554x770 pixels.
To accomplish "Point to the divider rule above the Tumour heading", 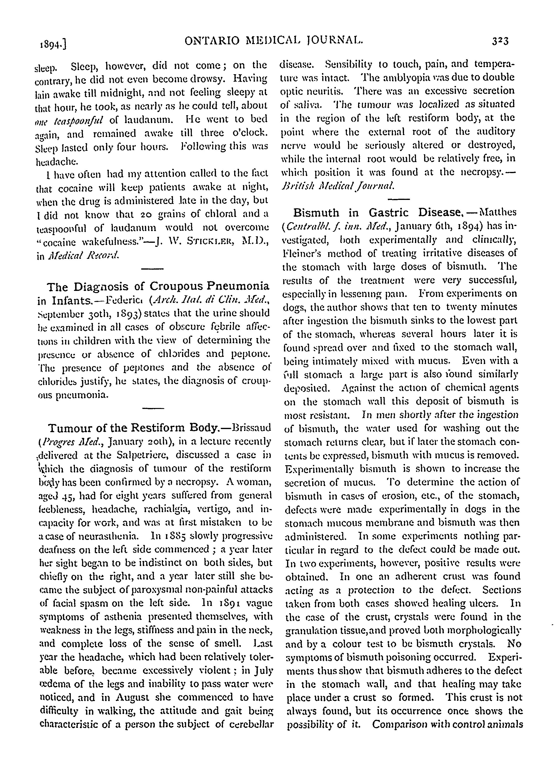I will [x=153, y=408].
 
